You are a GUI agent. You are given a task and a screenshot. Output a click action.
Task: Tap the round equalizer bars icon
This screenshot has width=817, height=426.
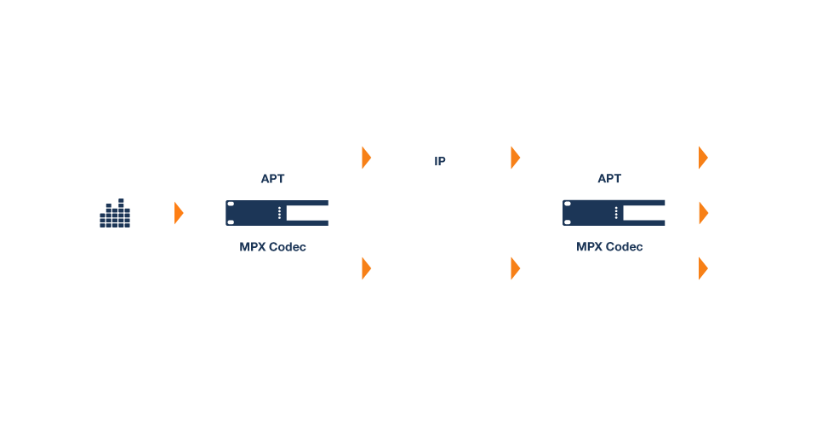pos(115,213)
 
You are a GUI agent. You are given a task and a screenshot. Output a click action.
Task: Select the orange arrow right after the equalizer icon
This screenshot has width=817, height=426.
pos(179,213)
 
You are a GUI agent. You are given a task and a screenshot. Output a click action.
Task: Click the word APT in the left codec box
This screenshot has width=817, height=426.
pos(272,179)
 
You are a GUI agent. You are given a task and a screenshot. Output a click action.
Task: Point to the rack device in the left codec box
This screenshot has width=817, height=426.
pos(277,213)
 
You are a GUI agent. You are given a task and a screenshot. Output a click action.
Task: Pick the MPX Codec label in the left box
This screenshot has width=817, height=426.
pos(272,247)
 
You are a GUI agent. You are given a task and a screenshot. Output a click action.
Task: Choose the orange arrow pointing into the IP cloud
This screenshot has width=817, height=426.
pos(367,158)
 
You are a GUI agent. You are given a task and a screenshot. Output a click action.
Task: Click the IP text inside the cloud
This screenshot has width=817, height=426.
pos(439,160)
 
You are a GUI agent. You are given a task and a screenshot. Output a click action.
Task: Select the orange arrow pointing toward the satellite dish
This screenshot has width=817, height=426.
pos(367,268)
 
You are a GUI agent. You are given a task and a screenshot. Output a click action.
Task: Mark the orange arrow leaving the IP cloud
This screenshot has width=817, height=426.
pos(515,158)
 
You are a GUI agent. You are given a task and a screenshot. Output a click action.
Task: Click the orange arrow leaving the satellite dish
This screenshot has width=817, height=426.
pos(515,268)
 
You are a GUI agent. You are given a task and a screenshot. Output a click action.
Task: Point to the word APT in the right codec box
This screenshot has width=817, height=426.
pos(609,179)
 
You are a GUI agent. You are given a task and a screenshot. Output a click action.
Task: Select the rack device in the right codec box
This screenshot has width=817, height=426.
pos(613,213)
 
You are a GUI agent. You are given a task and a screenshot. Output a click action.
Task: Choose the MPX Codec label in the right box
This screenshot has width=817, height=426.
pos(609,247)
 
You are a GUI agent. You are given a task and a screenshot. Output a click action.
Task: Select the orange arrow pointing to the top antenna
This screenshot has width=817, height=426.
pos(703,158)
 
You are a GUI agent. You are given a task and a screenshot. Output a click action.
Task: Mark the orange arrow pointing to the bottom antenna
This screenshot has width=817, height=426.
pos(703,268)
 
